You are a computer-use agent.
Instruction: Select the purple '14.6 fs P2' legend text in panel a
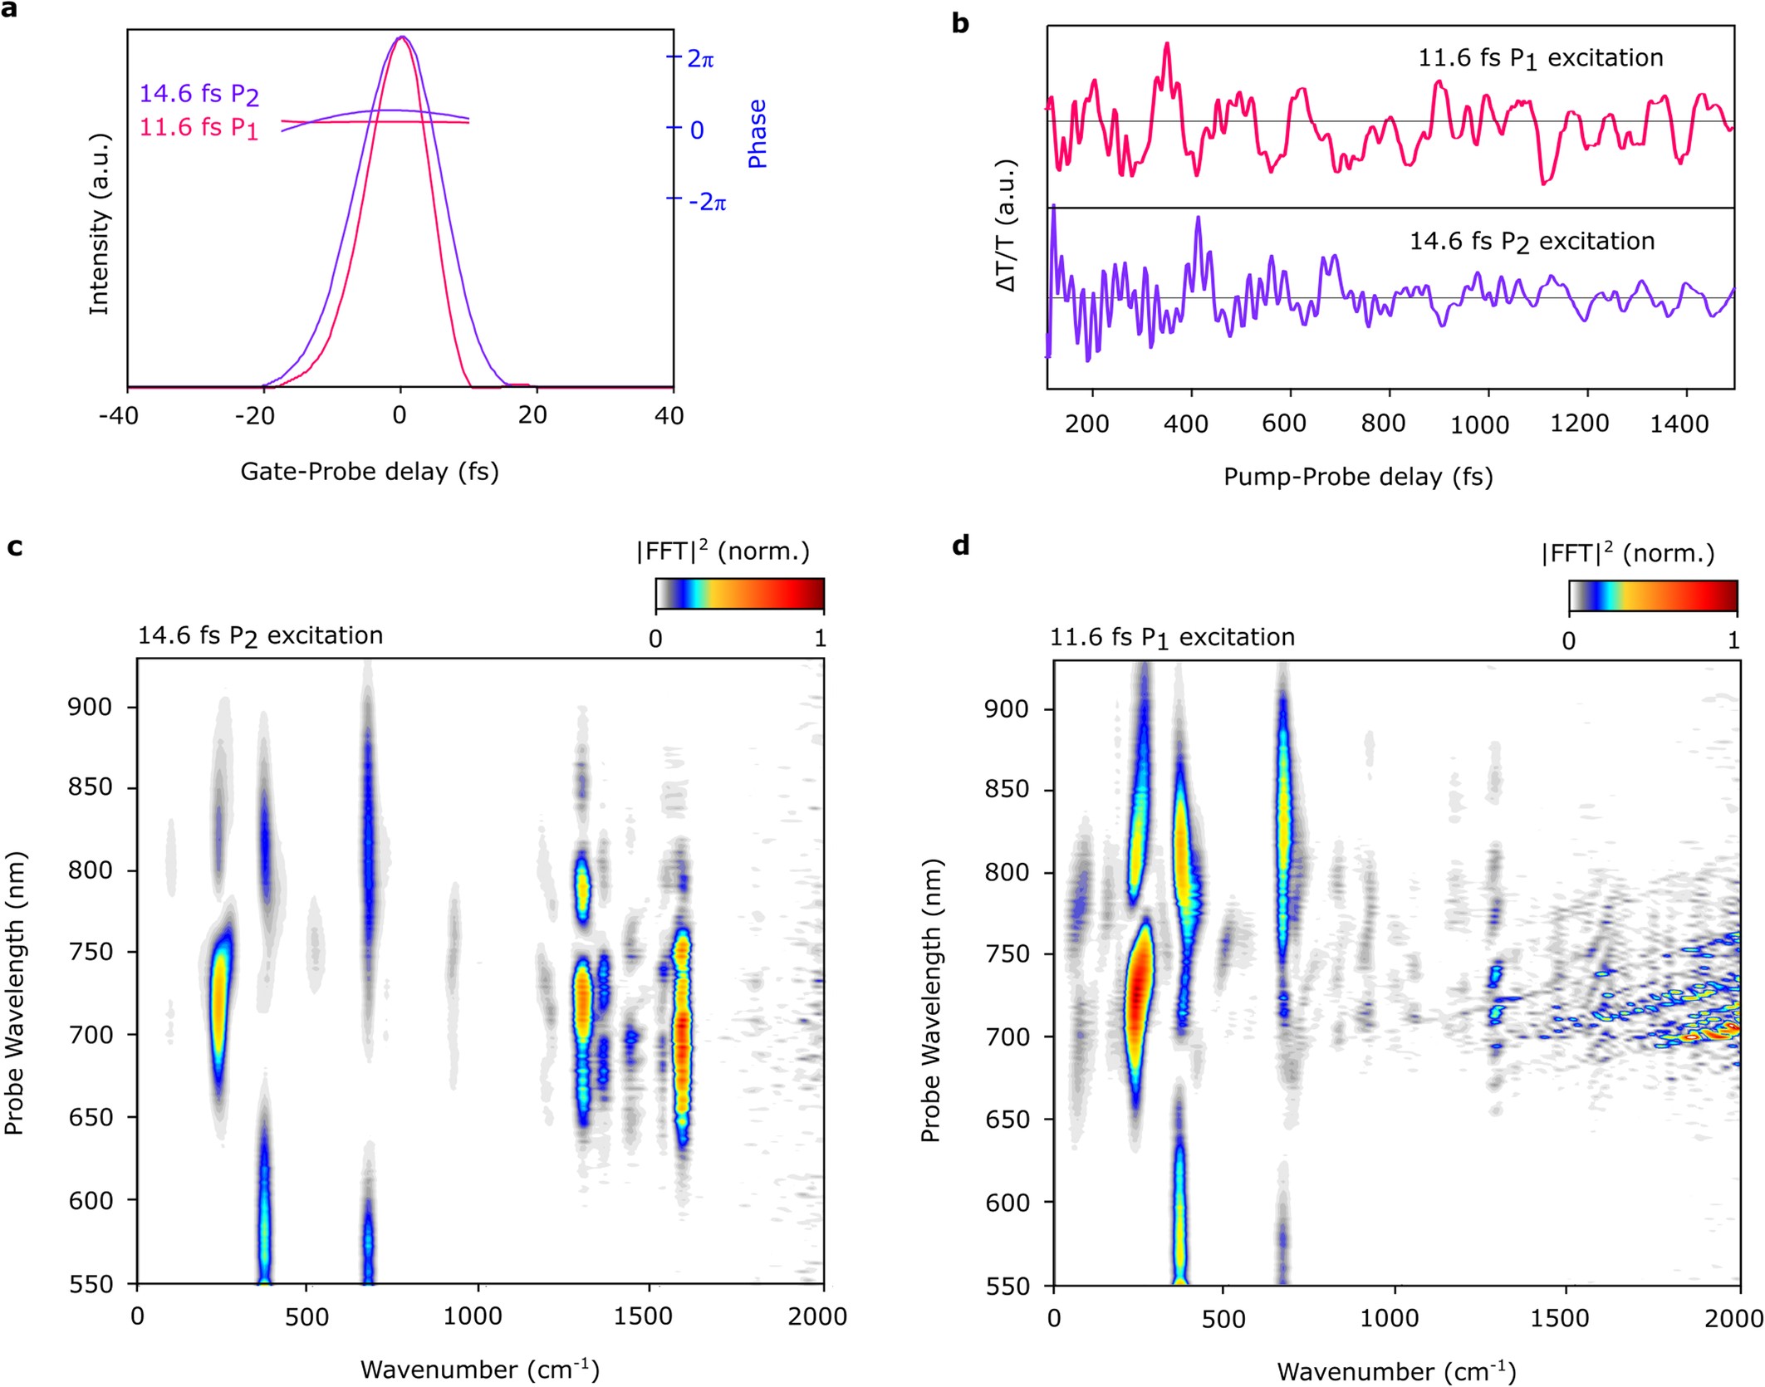(199, 94)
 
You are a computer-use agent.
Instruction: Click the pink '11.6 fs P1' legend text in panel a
(199, 128)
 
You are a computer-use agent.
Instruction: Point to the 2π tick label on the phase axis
(700, 59)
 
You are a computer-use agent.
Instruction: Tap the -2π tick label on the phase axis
(707, 202)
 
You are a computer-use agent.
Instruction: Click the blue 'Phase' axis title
(757, 134)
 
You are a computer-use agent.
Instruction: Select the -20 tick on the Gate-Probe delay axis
(255, 415)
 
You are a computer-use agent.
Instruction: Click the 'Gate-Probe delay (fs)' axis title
(370, 472)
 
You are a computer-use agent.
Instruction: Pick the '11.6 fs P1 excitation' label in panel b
(1540, 58)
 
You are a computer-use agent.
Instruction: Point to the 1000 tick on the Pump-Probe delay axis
(1479, 424)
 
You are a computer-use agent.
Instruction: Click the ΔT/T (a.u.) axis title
(1006, 225)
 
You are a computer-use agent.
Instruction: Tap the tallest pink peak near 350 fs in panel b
(1167, 46)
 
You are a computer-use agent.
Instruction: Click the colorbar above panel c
(739, 595)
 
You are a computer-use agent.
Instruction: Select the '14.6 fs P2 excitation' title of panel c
(260, 636)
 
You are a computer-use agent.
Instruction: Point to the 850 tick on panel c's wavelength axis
(90, 787)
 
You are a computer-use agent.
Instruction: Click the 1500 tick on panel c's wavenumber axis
(644, 1316)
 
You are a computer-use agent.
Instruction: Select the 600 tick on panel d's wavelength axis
(1008, 1202)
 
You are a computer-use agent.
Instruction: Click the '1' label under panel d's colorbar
(1733, 640)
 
